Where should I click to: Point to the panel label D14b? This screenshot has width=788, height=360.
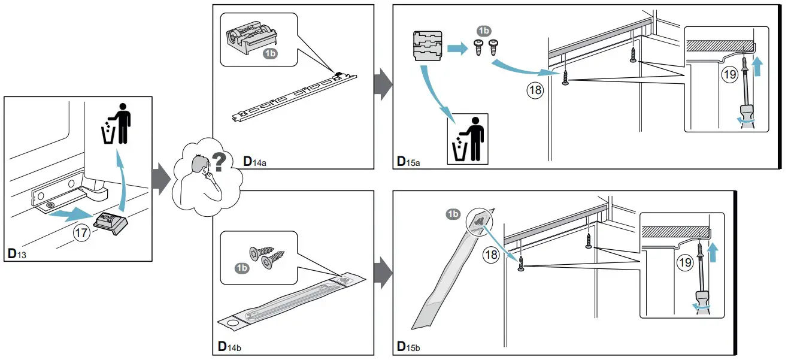(229, 347)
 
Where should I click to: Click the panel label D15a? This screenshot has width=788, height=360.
(410, 161)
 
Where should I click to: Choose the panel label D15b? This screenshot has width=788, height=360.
(410, 347)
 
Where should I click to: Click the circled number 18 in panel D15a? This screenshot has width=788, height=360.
(534, 90)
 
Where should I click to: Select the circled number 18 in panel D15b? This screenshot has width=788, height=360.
(491, 255)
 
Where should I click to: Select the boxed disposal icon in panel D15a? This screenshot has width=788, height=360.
(468, 139)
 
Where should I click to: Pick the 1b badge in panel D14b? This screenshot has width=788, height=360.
(242, 267)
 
